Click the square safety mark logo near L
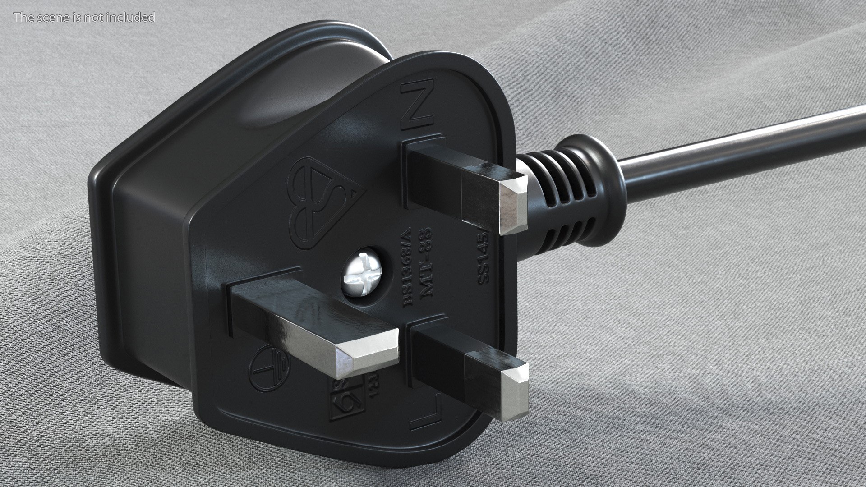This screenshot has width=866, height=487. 345,400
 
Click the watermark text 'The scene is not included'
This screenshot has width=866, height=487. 84,18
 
